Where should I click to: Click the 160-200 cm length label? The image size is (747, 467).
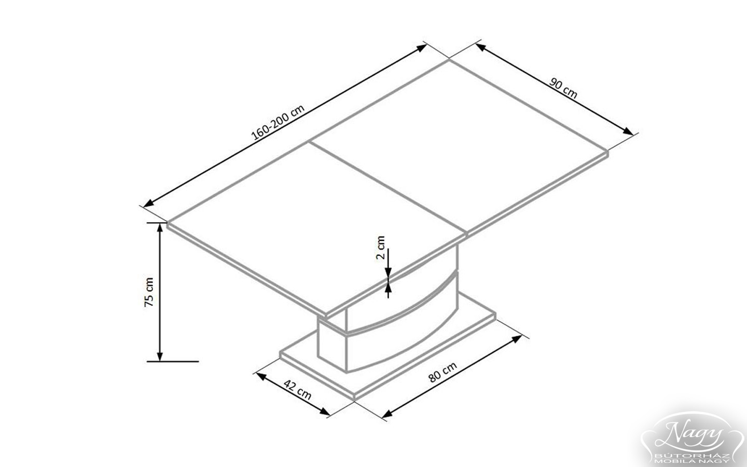278,122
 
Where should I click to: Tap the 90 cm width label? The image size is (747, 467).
563,88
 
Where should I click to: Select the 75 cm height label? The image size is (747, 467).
149,292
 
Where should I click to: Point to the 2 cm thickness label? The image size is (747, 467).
381,248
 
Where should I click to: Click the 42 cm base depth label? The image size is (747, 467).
297,390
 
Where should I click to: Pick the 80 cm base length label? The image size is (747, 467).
442,372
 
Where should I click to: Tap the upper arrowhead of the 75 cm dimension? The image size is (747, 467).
160,227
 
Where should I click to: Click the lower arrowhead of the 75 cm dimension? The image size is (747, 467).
160,356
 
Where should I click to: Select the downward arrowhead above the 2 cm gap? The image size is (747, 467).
388,272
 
